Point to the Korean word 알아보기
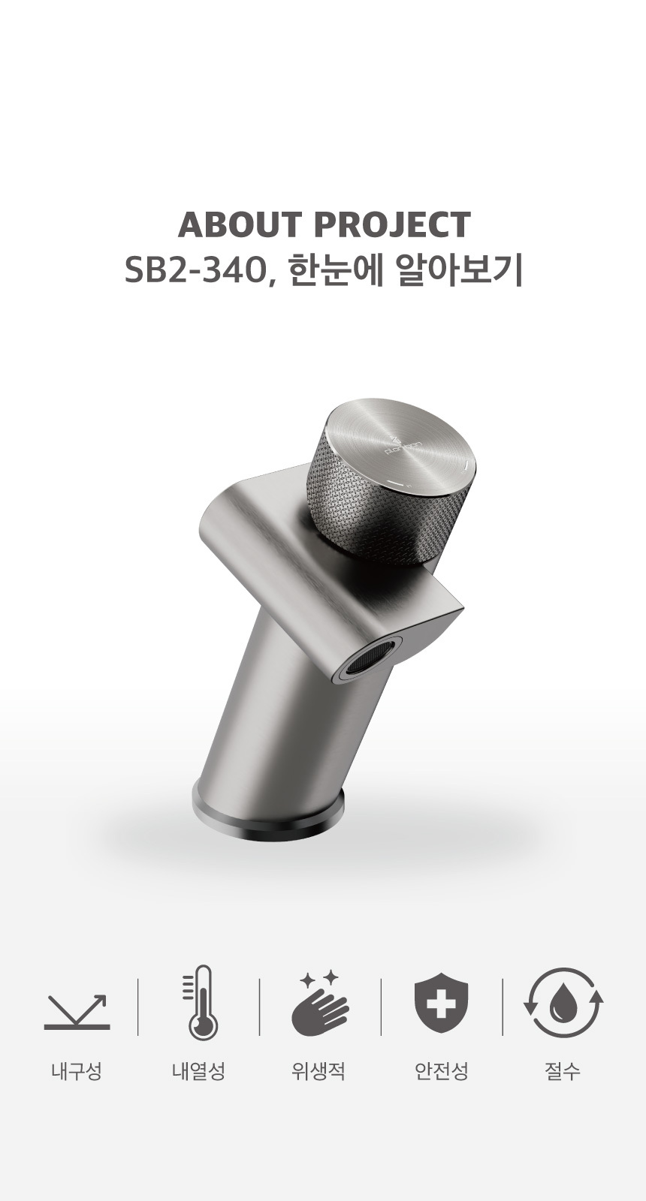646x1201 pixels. click(x=460, y=272)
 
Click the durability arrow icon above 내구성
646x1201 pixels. click(x=77, y=1013)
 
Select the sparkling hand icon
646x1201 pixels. click(x=320, y=1003)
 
